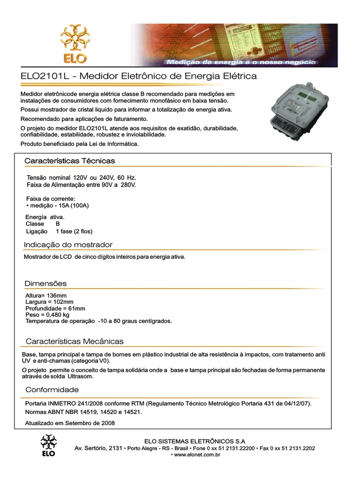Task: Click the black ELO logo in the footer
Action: pyautogui.click(x=48, y=445)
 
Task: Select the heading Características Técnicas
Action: pyautogui.click(x=69, y=161)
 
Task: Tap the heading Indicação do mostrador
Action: pyautogui.click(x=68, y=245)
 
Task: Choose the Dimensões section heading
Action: pyautogui.click(x=45, y=284)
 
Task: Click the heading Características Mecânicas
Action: pyautogui.click(x=75, y=341)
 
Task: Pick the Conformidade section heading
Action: pyautogui.click(x=52, y=390)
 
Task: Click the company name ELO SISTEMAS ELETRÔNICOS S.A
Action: pyautogui.click(x=195, y=441)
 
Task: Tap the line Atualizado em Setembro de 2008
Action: pyautogui.click(x=70, y=423)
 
